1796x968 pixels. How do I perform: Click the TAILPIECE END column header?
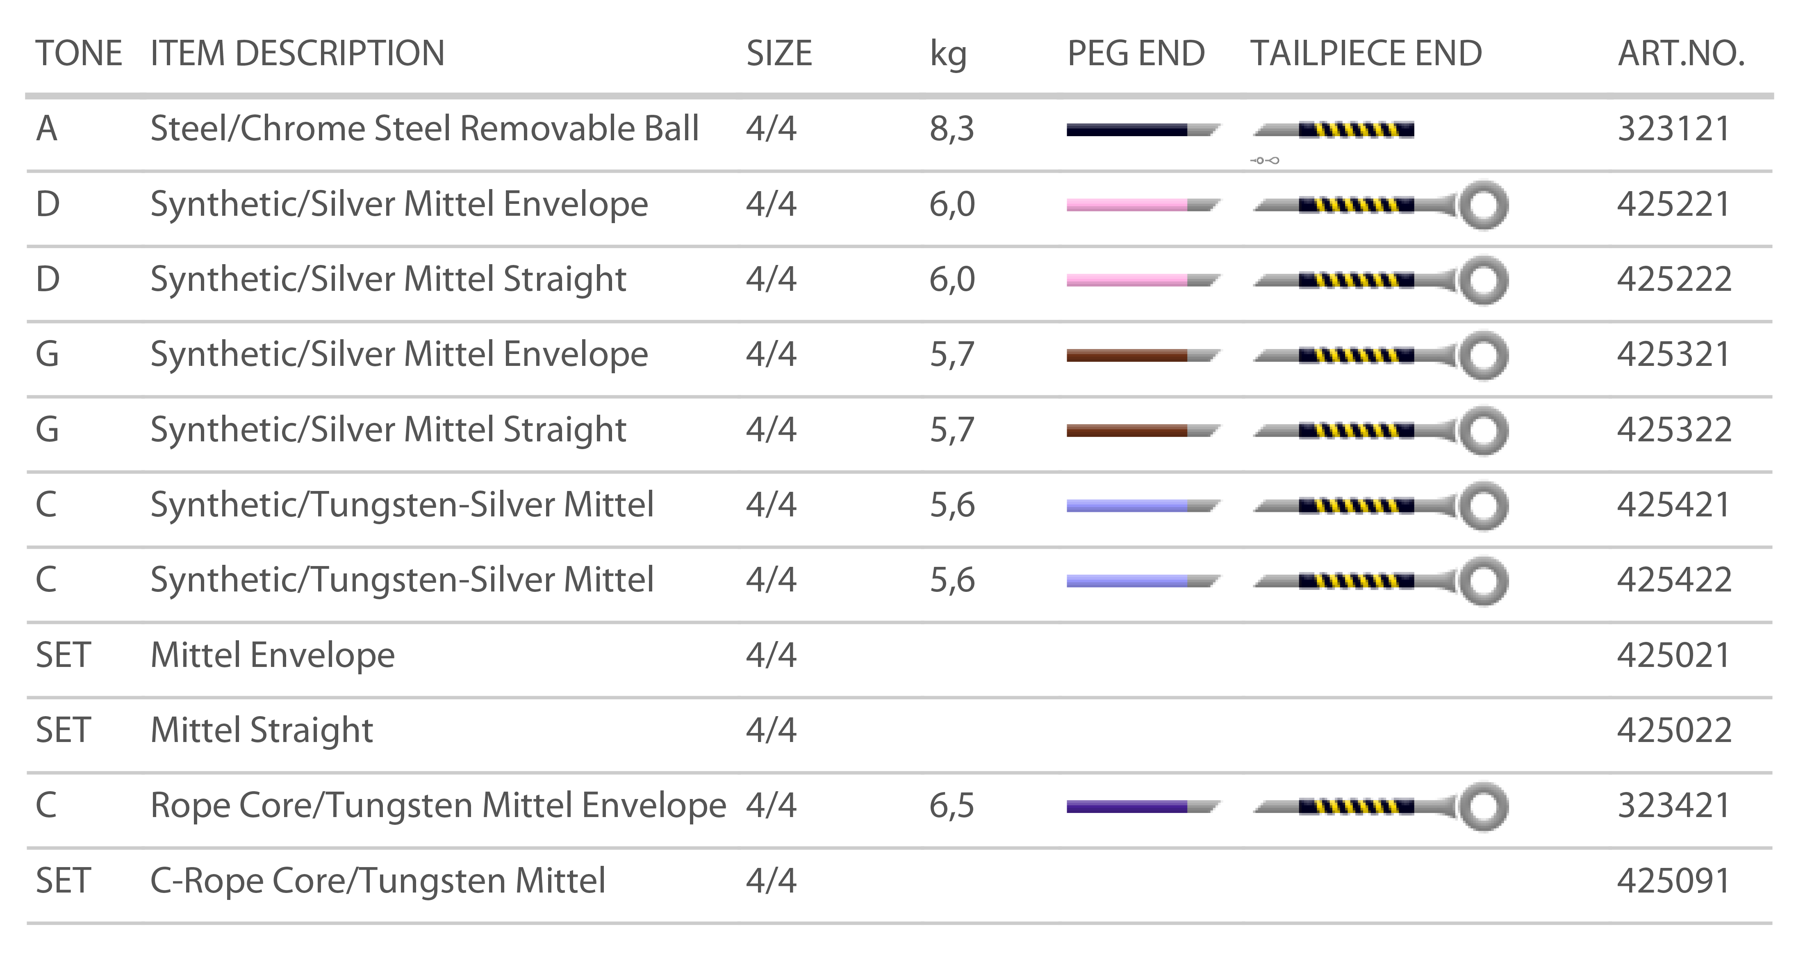[1365, 54]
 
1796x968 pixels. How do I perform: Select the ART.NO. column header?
[1680, 54]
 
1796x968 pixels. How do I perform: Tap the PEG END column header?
[1135, 54]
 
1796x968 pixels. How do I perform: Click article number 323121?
[1673, 129]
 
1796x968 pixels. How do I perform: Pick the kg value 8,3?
[951, 129]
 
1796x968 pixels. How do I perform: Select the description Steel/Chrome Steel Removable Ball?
[424, 129]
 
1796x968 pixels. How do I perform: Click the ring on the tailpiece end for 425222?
[1483, 281]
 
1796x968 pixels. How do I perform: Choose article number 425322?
[1673, 429]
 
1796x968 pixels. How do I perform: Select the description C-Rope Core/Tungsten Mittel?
[377, 881]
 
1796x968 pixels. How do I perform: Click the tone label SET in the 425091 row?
[63, 881]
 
